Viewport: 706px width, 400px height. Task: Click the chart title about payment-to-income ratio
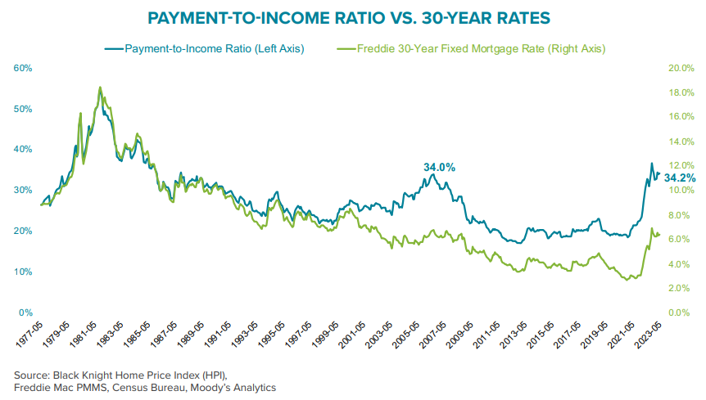pyautogui.click(x=353, y=18)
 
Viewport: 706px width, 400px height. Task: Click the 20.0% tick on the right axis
pyautogui.click(x=682, y=68)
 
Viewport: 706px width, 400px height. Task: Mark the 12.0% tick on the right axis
pyautogui.click(x=682, y=166)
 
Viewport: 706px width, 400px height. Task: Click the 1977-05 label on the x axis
pyautogui.click(x=29, y=337)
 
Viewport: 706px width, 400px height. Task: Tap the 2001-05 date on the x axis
pyautogui.click(x=355, y=337)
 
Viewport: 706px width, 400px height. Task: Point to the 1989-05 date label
pyautogui.click(x=192, y=337)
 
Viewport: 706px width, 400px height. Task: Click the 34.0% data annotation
pyautogui.click(x=439, y=167)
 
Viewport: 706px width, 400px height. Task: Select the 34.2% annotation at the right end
pyautogui.click(x=680, y=178)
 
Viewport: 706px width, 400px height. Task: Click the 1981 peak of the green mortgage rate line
pyautogui.click(x=100, y=87)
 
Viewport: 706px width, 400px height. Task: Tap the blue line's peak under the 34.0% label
pyautogui.click(x=439, y=174)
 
